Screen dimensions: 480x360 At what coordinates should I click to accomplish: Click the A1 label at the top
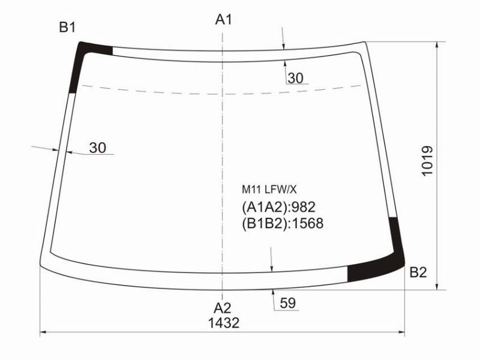tap(223, 20)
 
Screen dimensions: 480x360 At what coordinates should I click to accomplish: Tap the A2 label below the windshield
tap(222, 308)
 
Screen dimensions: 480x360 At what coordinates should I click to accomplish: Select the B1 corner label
tap(67, 27)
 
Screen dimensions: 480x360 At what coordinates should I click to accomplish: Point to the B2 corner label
tap(418, 272)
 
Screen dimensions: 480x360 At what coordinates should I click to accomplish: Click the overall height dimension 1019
tap(427, 161)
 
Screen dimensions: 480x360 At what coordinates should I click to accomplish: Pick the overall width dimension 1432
tap(224, 323)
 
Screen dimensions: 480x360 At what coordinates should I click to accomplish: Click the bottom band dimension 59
tap(288, 303)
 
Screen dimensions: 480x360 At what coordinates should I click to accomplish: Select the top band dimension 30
tap(295, 78)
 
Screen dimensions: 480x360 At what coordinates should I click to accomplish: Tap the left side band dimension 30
tap(98, 148)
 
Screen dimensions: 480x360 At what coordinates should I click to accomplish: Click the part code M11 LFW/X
tap(269, 190)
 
